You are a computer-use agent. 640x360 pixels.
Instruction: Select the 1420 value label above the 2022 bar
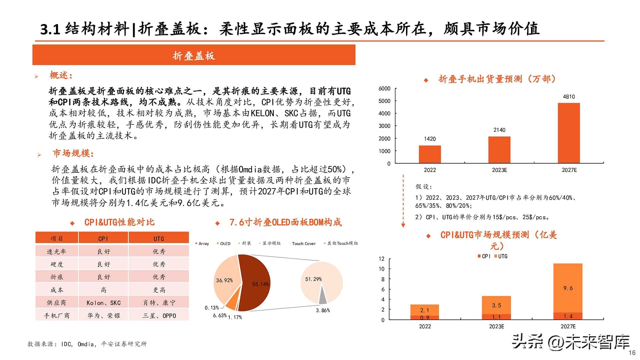tap(430, 139)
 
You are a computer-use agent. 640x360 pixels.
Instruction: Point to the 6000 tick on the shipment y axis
tap(384, 89)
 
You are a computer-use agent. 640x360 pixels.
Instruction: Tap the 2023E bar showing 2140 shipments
tap(499, 150)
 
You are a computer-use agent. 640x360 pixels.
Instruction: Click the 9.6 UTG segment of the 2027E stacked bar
tap(568, 288)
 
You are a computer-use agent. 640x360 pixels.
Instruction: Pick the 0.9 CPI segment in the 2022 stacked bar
tap(424, 318)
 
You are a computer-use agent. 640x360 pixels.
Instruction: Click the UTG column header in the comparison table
tap(159, 239)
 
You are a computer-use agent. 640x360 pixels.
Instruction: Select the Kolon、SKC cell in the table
tap(103, 303)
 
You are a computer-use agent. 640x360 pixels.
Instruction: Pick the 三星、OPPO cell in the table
tap(159, 315)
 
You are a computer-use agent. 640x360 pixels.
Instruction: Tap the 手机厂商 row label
tap(57, 315)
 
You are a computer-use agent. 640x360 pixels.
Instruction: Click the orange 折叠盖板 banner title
tap(194, 55)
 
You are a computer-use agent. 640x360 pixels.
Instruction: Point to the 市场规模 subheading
tap(73, 153)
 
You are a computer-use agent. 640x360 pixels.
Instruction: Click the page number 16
tap(632, 353)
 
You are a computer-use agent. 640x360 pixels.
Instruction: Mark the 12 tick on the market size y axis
tap(382, 259)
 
